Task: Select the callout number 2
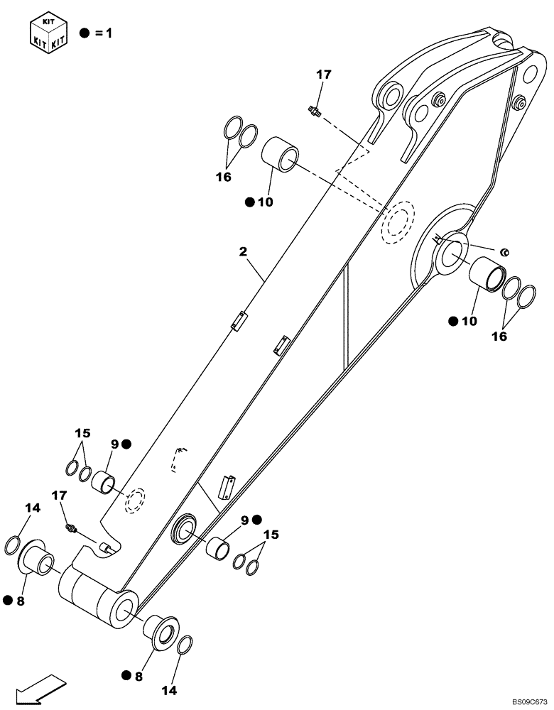click(243, 251)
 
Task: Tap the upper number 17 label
click(324, 74)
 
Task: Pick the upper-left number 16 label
click(224, 177)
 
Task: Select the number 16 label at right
click(499, 336)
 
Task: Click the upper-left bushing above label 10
click(281, 154)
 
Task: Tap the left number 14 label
click(33, 508)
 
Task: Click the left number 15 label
click(82, 432)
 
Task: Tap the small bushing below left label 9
click(104, 483)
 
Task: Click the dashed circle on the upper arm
click(398, 223)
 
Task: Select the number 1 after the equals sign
click(109, 33)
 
